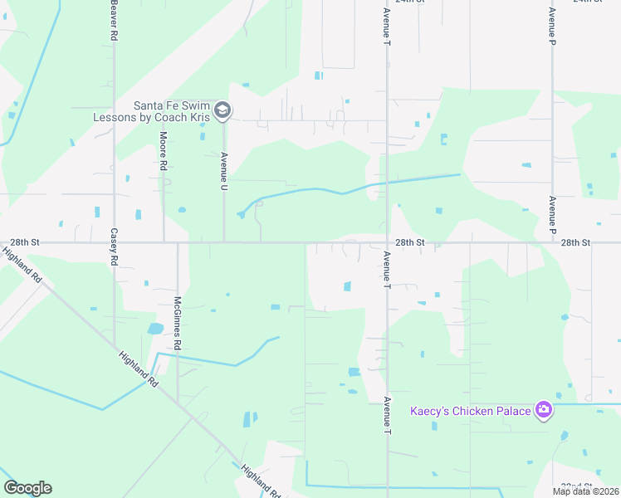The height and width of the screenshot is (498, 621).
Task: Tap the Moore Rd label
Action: pos(164,150)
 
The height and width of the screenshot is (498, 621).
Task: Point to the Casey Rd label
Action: pos(114,247)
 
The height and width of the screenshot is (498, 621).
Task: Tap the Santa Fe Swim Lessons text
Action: pos(174,111)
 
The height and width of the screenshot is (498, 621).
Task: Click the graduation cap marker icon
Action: pos(222,110)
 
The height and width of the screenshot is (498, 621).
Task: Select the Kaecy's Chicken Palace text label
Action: pos(471,411)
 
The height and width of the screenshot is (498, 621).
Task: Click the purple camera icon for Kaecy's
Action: pos(544,409)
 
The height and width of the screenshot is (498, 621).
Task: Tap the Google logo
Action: pos(27,488)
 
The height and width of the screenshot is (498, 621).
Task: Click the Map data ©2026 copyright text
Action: pos(586,491)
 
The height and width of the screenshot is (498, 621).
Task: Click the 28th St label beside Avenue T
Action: pos(409,242)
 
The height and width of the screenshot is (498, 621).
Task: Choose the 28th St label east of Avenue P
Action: pos(575,242)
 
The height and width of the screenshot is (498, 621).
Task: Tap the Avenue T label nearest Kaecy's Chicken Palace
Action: pos(387,416)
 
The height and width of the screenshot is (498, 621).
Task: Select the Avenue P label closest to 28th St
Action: pos(552,215)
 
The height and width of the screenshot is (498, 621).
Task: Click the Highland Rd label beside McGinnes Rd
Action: pos(138,368)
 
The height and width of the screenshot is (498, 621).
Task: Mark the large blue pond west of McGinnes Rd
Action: pos(155,329)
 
